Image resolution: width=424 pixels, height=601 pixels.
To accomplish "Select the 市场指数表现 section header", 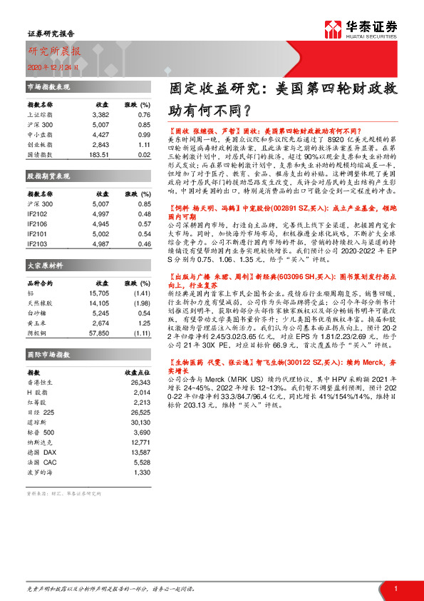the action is pos(49,86).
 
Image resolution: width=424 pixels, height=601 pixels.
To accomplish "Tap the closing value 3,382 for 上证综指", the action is pos(100,114).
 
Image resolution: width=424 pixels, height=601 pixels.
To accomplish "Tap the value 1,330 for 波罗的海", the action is pos(142,472).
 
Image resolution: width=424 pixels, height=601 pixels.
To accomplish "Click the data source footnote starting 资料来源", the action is pos(64,493).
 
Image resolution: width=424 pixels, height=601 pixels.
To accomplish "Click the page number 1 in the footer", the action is pos(395,587).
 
